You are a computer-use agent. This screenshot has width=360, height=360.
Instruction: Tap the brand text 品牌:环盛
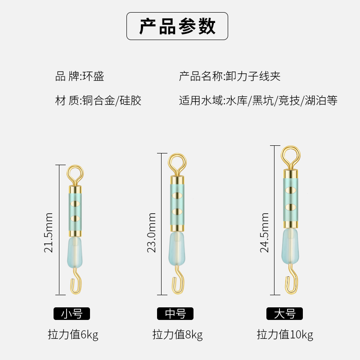click(80, 76)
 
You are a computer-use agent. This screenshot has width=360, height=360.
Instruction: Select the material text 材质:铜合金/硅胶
click(98, 100)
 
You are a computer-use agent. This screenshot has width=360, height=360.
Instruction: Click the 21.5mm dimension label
click(49, 232)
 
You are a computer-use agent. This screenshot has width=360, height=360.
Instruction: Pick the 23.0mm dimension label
click(152, 232)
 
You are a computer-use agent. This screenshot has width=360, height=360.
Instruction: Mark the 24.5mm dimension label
click(265, 232)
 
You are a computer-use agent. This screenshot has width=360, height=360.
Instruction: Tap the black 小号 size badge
click(72, 314)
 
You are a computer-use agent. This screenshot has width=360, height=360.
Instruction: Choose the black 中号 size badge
click(175, 314)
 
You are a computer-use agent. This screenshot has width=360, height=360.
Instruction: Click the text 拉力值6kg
click(73, 335)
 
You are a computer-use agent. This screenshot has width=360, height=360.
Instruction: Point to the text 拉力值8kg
click(177, 335)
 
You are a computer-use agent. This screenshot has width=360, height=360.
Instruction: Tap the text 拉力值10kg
click(285, 335)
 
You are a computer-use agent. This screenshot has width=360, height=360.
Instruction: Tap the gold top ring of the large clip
click(291, 155)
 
